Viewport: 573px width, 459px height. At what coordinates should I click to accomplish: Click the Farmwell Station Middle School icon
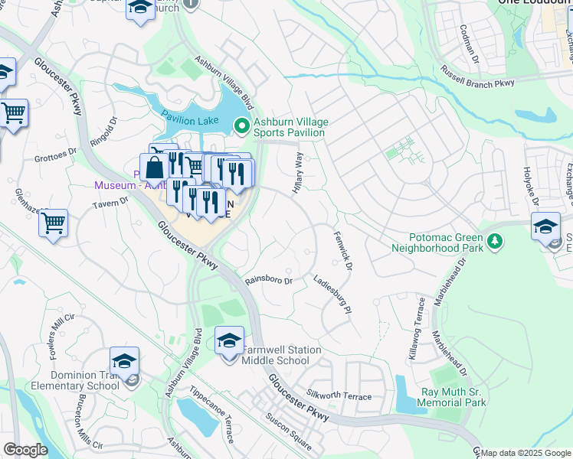coord(229,340)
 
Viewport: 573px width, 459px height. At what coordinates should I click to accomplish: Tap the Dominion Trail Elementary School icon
coord(125,362)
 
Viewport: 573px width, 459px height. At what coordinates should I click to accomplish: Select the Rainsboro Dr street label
coord(269,281)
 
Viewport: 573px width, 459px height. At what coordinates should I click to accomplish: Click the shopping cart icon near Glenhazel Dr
coord(54,223)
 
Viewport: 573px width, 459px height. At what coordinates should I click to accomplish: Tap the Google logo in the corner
coord(25,451)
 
